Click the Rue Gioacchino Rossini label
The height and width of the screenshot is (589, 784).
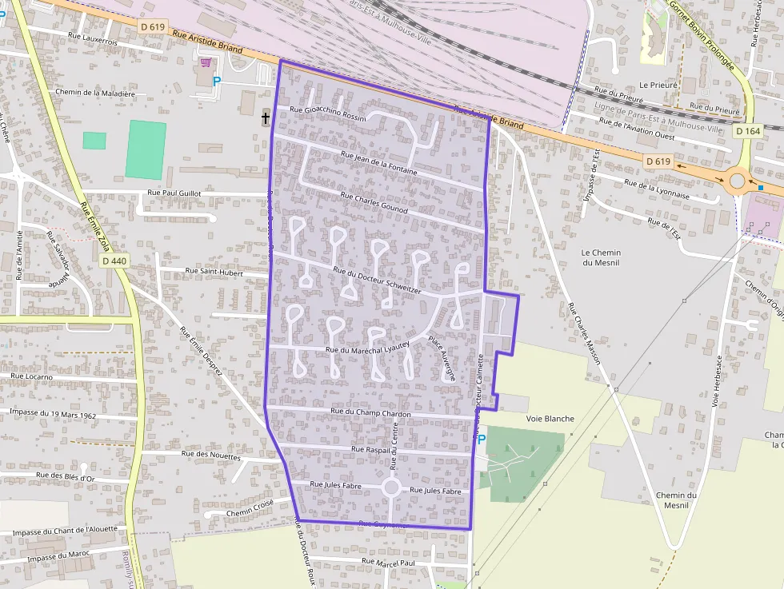click(327, 113)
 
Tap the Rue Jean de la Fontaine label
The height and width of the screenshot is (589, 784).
click(378, 162)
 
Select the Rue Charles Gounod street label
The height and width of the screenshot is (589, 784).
click(374, 202)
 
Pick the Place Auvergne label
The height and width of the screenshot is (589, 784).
click(442, 356)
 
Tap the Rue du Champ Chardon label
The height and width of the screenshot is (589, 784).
click(370, 412)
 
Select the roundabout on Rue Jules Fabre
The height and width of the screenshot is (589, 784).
click(391, 487)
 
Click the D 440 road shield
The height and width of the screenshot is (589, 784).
click(114, 261)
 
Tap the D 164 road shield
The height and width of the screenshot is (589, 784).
click(748, 130)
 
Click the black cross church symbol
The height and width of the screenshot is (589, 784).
click(266, 119)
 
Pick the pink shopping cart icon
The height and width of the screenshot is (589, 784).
click(206, 62)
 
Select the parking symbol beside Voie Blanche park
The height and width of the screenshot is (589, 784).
click(482, 440)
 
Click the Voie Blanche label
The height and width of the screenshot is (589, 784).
click(550, 419)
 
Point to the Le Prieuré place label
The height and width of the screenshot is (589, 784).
click(658, 84)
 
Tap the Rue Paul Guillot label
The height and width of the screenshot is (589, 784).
click(174, 193)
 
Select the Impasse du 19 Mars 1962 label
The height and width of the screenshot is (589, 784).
click(53, 414)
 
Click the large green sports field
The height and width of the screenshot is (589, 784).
click(146, 149)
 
